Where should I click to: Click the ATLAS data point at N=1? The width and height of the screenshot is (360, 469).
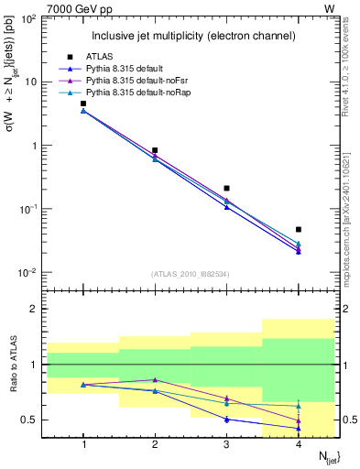[83, 104]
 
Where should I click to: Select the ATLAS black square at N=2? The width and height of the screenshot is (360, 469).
[155, 150]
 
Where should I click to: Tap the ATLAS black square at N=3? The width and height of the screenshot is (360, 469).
[226, 188]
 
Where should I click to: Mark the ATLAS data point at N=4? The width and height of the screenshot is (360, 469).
[299, 229]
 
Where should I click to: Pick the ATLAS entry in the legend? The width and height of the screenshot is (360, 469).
[100, 57]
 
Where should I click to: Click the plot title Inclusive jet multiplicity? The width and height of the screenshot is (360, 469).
[192, 36]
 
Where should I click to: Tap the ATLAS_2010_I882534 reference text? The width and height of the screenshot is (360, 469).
[191, 273]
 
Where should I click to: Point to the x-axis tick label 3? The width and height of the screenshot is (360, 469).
[226, 444]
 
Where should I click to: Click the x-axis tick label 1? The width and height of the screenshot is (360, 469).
[83, 444]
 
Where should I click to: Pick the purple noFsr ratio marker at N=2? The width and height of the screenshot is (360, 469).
[155, 379]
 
